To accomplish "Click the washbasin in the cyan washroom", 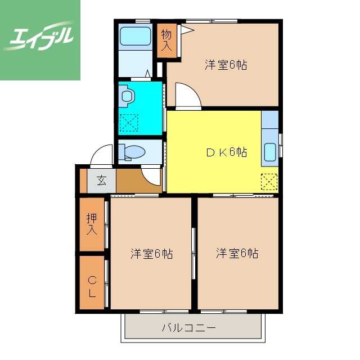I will (x=126, y=96).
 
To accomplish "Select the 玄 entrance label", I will (x=101, y=181).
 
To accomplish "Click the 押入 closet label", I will (x=92, y=223).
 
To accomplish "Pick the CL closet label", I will (x=92, y=285).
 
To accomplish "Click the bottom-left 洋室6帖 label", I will (x=151, y=254).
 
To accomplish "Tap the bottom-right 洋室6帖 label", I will (x=237, y=254).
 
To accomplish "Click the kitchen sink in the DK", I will (x=269, y=152).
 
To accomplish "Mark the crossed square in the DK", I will (x=269, y=181).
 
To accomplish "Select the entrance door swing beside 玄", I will (x=102, y=155).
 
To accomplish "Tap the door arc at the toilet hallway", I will (x=152, y=177).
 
